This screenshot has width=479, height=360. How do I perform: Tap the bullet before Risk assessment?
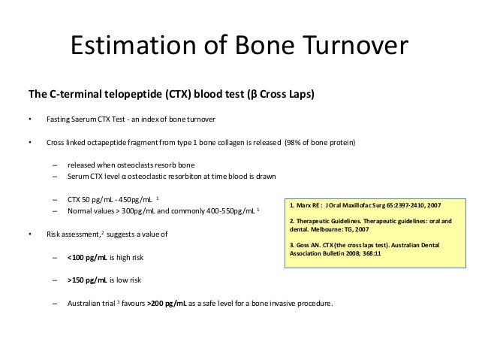29,234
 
